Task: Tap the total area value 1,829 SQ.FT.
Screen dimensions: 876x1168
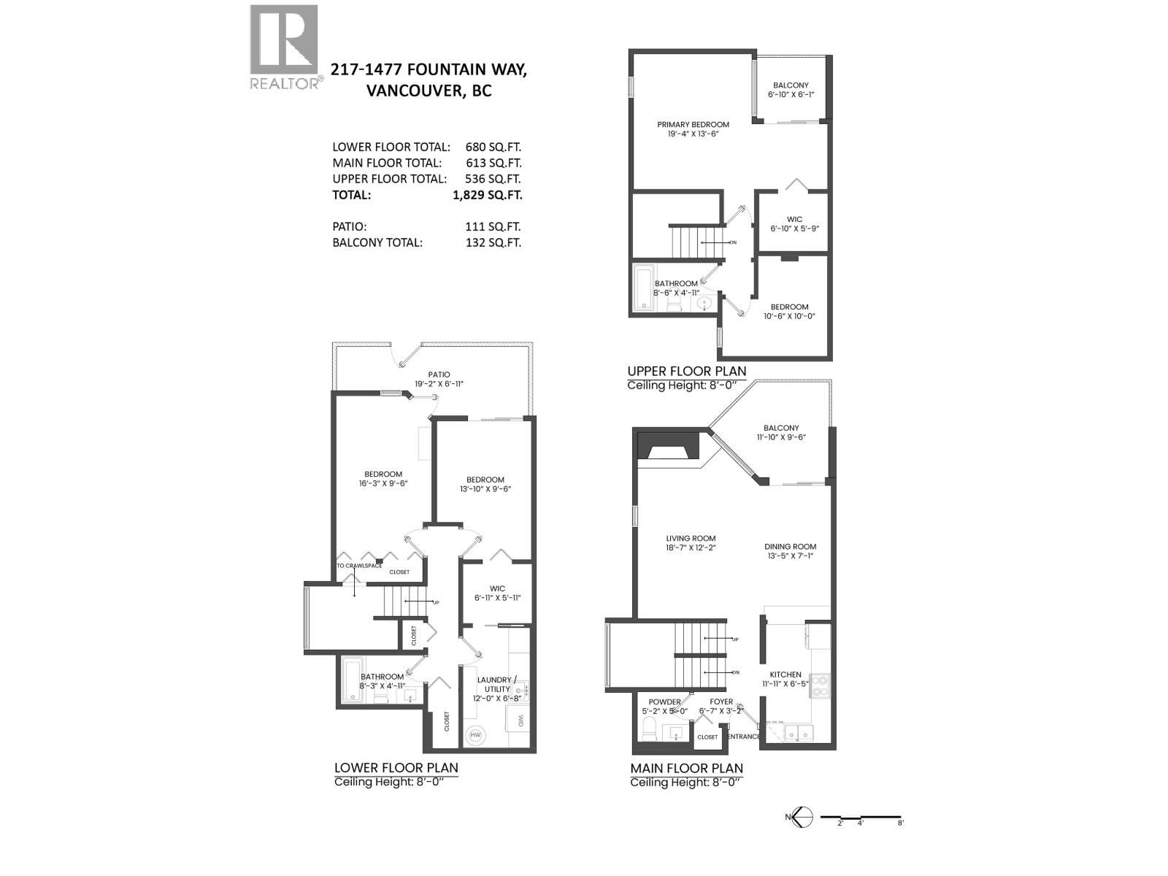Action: [487, 195]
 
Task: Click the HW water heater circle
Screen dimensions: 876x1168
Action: [476, 734]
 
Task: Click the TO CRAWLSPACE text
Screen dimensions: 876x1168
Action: [359, 566]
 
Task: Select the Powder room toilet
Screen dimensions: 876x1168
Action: [648, 727]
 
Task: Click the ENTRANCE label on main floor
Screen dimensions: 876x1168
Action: [743, 736]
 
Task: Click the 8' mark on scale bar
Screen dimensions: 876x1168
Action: [901, 823]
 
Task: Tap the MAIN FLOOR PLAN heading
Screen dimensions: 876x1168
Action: [686, 768]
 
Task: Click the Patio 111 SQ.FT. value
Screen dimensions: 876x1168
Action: [493, 227]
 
